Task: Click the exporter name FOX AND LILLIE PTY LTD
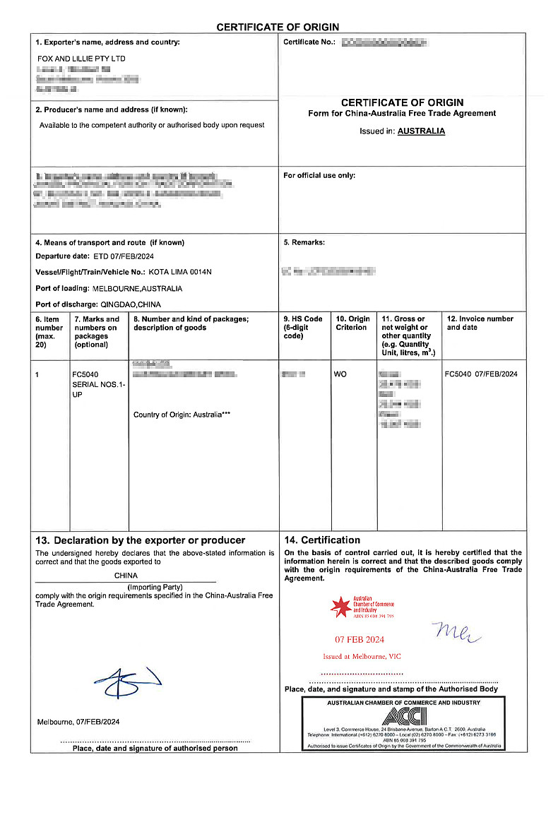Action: (81, 59)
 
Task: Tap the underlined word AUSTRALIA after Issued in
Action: (421, 131)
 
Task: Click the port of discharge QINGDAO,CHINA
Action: (130, 304)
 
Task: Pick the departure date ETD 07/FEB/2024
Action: (124, 256)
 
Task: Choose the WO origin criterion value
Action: (340, 374)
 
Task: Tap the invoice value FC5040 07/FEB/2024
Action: (481, 374)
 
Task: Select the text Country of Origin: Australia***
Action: (182, 415)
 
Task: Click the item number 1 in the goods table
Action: (38, 374)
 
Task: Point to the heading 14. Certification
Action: (322, 540)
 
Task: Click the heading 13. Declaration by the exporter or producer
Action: (140, 540)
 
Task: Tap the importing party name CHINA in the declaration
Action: (126, 576)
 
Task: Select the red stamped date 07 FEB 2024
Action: (360, 640)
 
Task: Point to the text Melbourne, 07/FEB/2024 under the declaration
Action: (78, 722)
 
